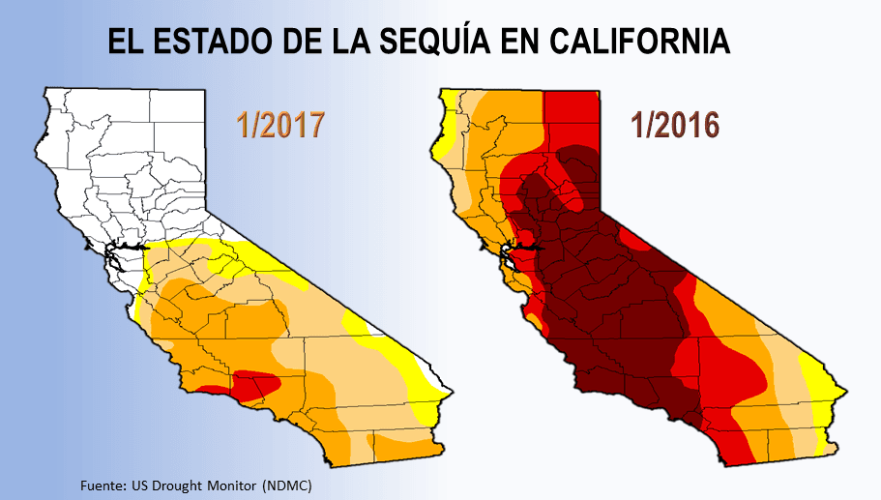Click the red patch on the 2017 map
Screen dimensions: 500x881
pyautogui.click(x=257, y=384)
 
